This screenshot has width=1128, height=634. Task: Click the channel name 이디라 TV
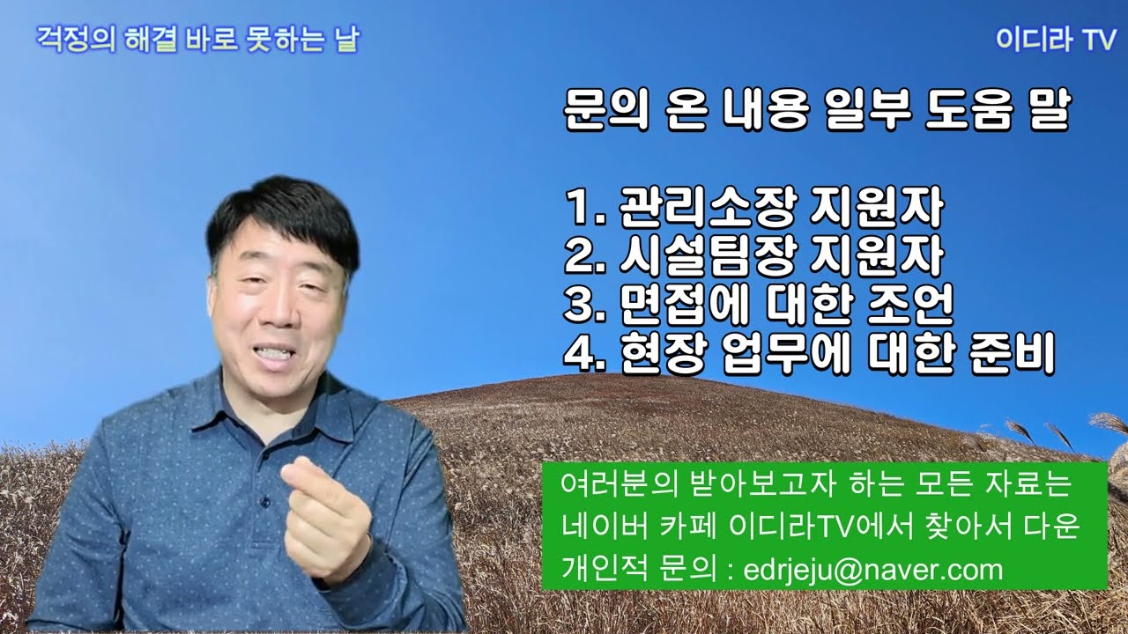pyautogui.click(x=1055, y=41)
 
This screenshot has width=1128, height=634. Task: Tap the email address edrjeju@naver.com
pyautogui.click(x=873, y=570)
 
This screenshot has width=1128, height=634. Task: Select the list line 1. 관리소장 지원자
pyautogui.click(x=753, y=210)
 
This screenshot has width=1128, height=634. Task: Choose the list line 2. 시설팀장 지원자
pyautogui.click(x=753, y=257)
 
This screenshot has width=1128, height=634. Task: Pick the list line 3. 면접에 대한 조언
pyautogui.click(x=759, y=305)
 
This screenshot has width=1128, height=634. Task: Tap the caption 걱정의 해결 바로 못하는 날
pyautogui.click(x=197, y=40)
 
